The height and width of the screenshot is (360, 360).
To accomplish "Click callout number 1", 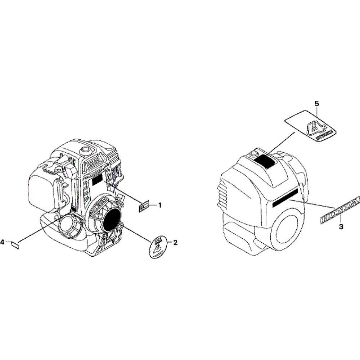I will point(160,205).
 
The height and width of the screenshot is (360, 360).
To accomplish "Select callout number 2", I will point(175,243).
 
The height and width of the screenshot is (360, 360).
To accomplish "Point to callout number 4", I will point(3,243).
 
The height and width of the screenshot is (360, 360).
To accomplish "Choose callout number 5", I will point(317,104).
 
